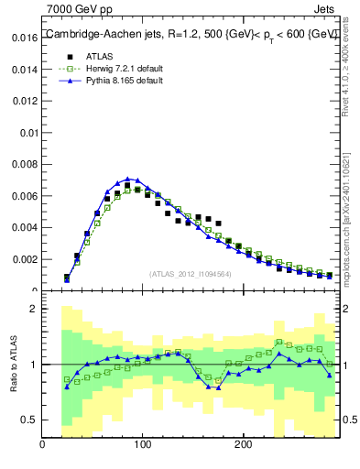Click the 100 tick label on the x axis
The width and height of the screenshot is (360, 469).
click(142, 445)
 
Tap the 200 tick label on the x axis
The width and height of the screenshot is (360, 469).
click(243, 445)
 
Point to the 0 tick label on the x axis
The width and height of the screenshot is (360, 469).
click(42, 445)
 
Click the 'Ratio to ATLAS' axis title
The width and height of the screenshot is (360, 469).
click(12, 364)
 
